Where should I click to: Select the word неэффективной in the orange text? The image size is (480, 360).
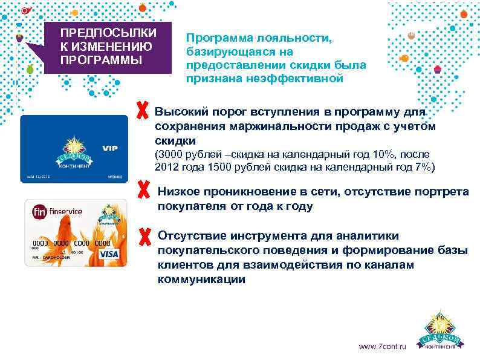click(x=304, y=78)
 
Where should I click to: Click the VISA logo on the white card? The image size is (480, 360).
click(x=108, y=254)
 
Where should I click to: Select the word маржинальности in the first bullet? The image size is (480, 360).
click(x=253, y=126)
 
